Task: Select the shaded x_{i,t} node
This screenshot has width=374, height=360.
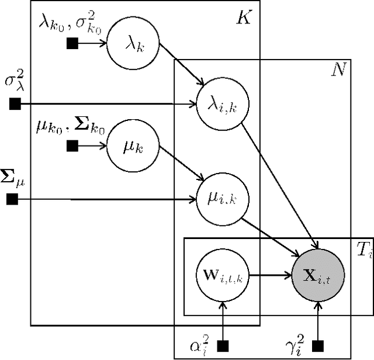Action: (x=317, y=273)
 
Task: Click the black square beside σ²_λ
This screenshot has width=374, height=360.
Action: (x=15, y=105)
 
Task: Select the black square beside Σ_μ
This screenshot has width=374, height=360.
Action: (x=12, y=200)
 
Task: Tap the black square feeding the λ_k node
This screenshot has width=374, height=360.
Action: (x=72, y=43)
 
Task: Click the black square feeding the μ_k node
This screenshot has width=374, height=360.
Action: (x=72, y=144)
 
